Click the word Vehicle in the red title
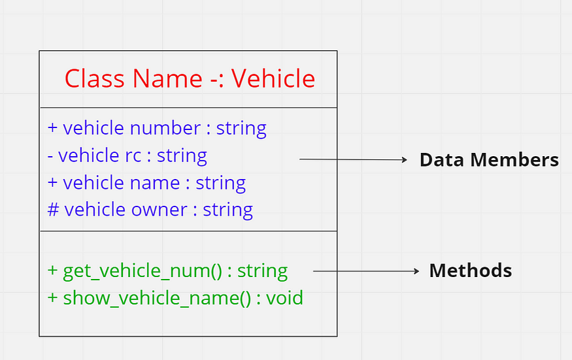273,79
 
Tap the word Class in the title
95,79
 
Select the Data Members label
489,160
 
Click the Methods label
470,270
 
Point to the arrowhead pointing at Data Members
404,159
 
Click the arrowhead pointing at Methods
415,270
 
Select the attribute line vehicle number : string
157,128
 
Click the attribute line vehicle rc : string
127,155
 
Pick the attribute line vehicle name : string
146,183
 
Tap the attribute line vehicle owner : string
150,210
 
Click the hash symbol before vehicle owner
53,210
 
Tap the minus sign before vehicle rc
51,156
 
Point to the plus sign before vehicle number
53,128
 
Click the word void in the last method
285,299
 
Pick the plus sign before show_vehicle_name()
53,299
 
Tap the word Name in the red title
167,79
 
